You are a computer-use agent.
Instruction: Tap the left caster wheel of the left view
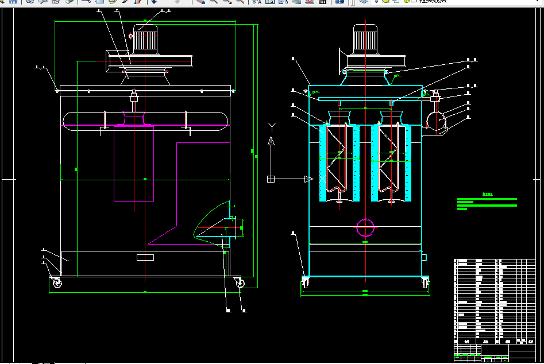(57, 282)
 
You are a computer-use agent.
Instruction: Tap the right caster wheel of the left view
(239, 283)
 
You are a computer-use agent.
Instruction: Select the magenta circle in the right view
(365, 228)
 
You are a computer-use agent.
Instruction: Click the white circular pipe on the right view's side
(436, 120)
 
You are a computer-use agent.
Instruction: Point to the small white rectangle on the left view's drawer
(145, 257)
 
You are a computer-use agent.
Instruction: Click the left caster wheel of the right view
(305, 282)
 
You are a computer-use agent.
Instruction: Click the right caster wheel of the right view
(426, 282)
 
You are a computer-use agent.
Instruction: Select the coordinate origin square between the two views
(271, 179)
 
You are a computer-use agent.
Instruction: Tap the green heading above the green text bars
(487, 195)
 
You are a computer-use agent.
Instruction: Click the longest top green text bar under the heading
(487, 199)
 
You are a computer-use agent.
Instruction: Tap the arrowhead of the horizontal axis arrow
(308, 179)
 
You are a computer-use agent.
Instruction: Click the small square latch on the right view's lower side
(425, 257)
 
